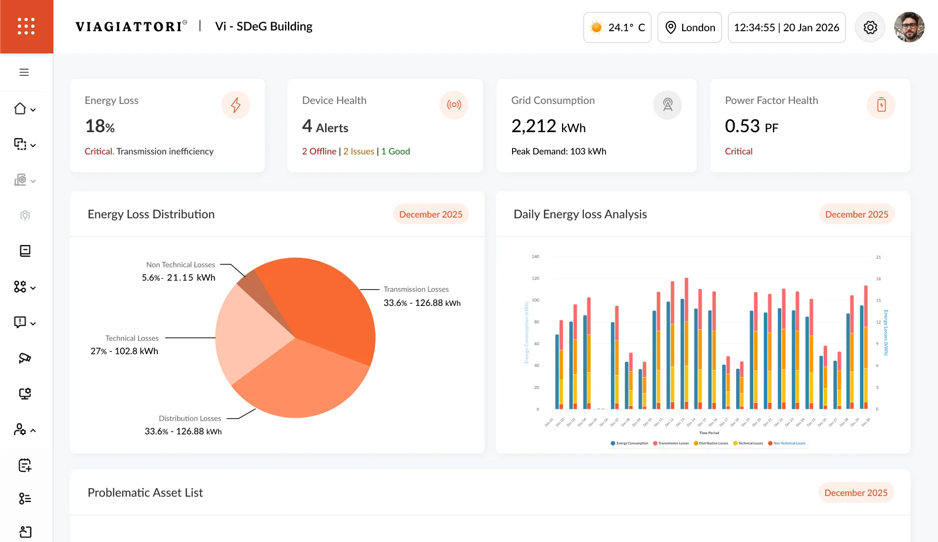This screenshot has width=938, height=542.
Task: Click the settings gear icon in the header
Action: click(x=870, y=27)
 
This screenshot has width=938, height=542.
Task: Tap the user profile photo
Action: click(x=909, y=27)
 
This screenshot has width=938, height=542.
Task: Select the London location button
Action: click(x=690, y=28)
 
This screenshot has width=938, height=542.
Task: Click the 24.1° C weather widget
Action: click(x=617, y=28)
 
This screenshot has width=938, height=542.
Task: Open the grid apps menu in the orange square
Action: click(x=26, y=26)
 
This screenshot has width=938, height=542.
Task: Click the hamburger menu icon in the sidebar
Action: click(x=24, y=72)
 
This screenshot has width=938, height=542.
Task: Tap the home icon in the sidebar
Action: click(x=20, y=109)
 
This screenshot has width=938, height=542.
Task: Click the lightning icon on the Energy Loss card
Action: click(x=235, y=105)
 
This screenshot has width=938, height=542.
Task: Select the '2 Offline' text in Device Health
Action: click(x=319, y=151)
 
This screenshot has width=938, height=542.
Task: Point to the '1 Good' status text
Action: click(x=395, y=151)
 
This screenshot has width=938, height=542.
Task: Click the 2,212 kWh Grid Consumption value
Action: click(x=548, y=127)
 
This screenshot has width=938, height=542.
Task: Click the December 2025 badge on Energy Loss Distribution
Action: click(x=430, y=214)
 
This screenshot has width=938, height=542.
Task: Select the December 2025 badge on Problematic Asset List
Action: click(x=855, y=493)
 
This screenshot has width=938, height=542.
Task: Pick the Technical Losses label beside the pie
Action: click(x=132, y=339)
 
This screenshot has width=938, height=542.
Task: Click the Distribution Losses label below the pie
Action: click(x=190, y=419)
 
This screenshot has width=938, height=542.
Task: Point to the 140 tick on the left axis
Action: click(x=535, y=257)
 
